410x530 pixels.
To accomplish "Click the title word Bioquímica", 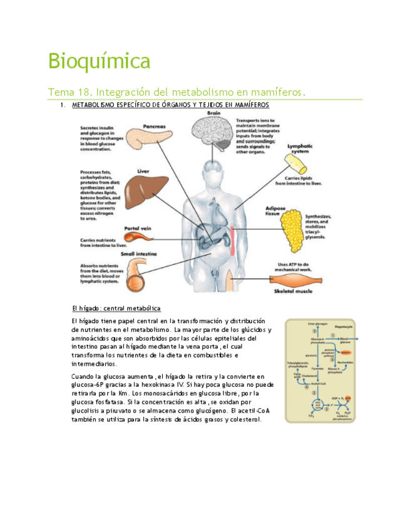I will (100, 62).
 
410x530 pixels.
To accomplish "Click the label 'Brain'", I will (213, 112).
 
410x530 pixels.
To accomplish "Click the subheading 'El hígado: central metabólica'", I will (117, 309).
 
